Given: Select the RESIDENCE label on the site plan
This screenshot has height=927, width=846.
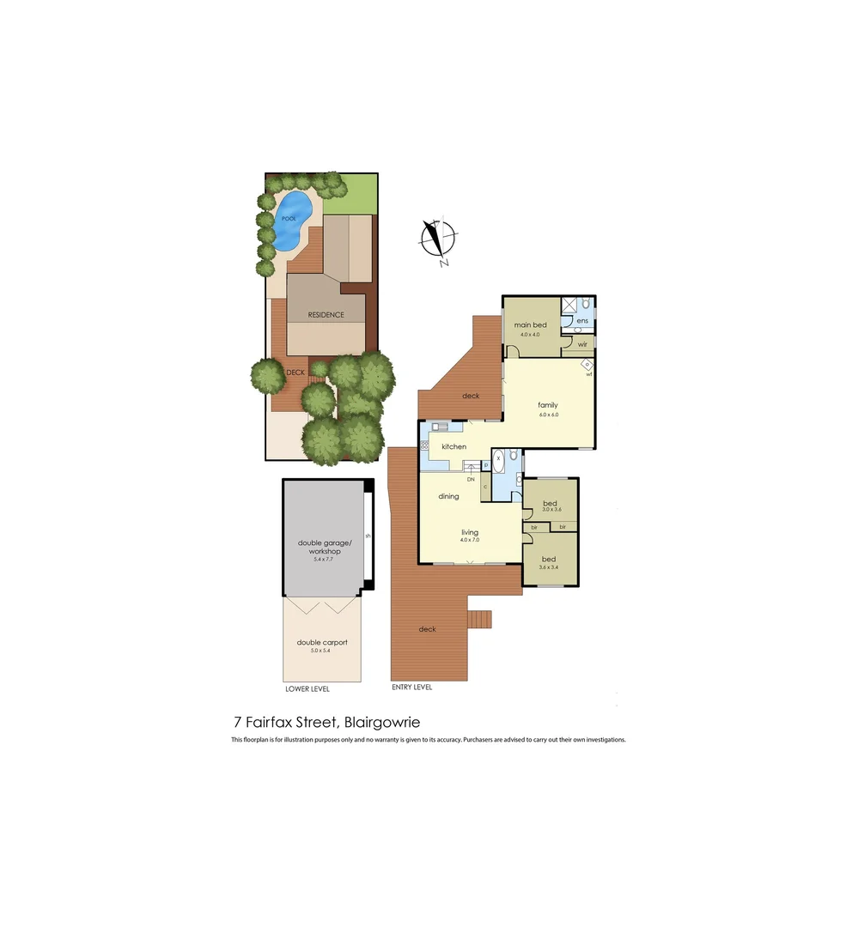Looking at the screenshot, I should [326, 315].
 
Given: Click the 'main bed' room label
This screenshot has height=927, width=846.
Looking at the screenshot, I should [530, 325].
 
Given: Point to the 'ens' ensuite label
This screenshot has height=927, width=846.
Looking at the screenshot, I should [582, 321].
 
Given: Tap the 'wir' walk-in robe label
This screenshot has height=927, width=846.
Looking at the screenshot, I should [582, 344].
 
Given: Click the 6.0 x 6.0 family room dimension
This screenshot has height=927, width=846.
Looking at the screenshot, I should [548, 415].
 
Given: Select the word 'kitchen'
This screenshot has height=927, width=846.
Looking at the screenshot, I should [453, 446].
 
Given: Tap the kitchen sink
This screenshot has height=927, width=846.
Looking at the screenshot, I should [440, 427].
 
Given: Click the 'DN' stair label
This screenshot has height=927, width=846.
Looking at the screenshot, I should [471, 479].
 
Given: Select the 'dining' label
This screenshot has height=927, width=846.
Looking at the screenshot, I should [448, 496].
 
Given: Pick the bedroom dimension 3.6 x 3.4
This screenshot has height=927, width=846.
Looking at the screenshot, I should [548, 567].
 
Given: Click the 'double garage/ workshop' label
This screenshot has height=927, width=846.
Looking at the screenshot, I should [320, 547].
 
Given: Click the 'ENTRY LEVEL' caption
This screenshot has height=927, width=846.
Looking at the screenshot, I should [411, 687].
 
